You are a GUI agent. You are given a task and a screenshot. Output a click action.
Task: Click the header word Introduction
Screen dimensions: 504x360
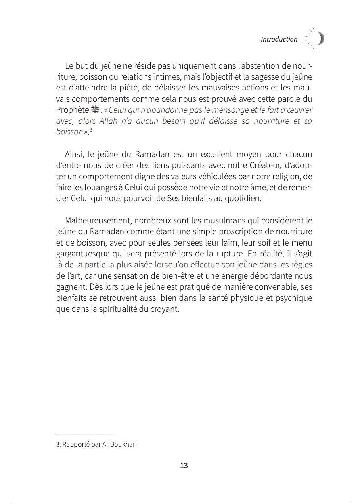coord(279,39)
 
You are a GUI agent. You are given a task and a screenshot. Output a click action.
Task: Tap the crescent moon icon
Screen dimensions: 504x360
coord(320,39)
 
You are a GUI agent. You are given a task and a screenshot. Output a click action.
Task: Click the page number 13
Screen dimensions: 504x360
coord(184,465)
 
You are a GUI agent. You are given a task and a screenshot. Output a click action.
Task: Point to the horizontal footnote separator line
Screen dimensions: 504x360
coord(85,435)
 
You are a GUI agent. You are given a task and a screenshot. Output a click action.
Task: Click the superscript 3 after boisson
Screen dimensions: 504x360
coord(91,130)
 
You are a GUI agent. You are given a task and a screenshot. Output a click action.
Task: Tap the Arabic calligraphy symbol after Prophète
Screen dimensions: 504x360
coord(96,110)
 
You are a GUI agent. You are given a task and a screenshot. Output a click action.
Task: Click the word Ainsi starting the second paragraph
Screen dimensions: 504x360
coord(74,155)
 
